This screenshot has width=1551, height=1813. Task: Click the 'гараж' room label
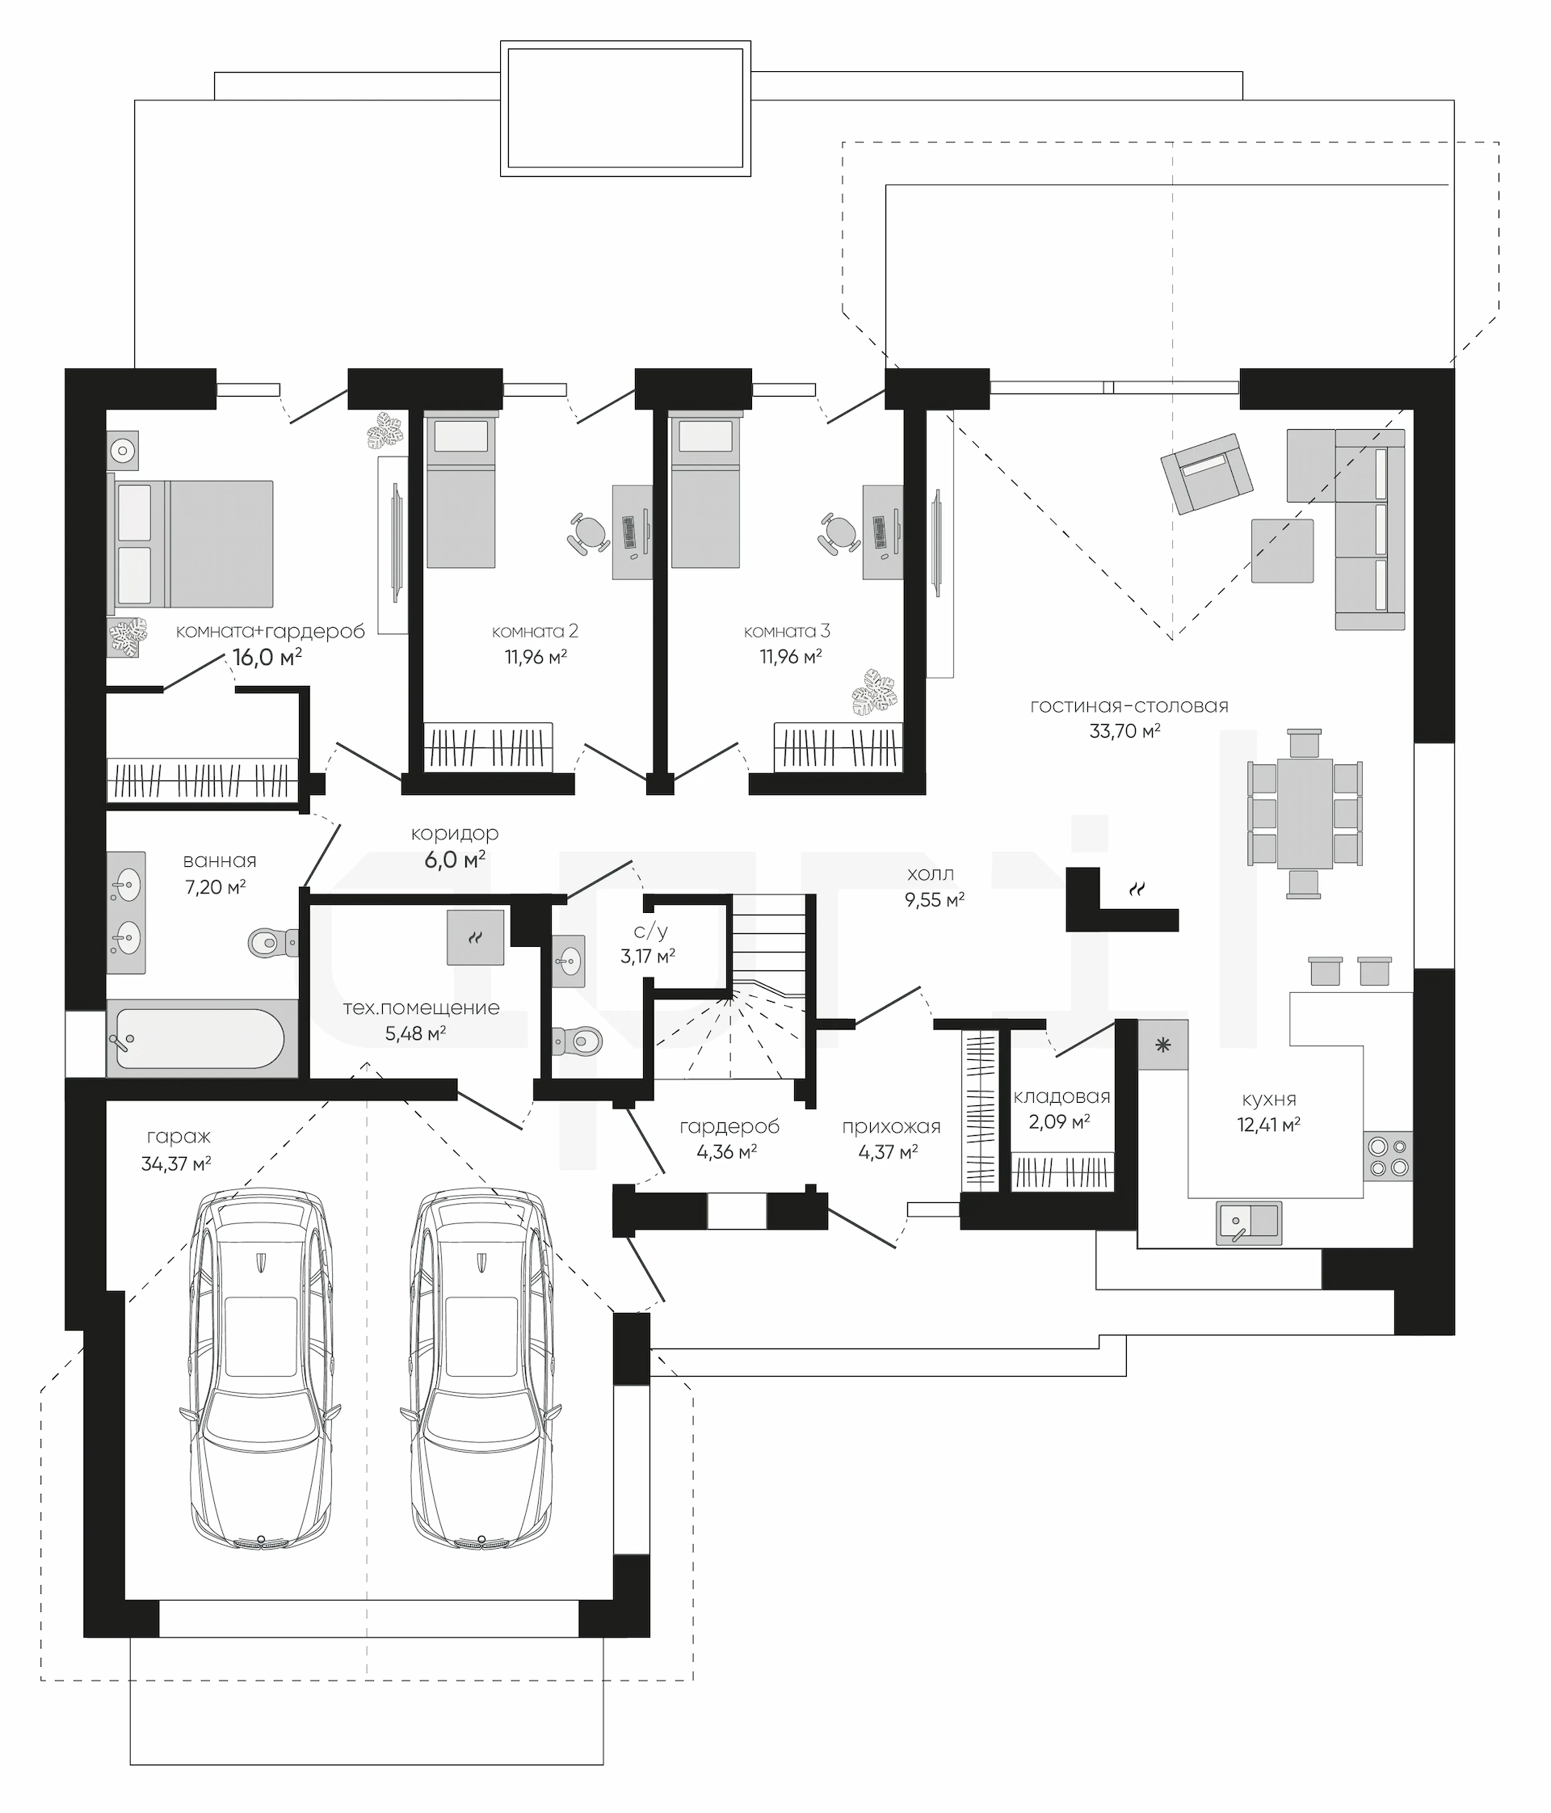[179, 1138]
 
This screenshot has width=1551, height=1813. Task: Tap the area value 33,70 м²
[1124, 730]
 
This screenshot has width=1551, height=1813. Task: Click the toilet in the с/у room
[578, 1041]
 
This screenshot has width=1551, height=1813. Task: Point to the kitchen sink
[1248, 1222]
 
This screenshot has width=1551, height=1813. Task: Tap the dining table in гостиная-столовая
[1305, 814]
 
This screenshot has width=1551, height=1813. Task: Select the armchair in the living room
[1206, 473]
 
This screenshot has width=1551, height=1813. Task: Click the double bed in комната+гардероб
[191, 544]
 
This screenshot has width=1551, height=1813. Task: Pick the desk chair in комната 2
[589, 532]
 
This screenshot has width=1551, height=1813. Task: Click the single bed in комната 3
[705, 493]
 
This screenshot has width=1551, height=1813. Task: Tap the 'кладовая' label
[1061, 1097]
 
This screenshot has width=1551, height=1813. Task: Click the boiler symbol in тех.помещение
[475, 937]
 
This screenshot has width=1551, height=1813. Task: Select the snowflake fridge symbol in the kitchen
[1162, 1045]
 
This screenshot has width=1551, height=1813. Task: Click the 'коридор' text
[455, 834]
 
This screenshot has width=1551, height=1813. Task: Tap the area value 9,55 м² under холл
[935, 900]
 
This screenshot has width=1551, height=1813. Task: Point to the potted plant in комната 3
[876, 692]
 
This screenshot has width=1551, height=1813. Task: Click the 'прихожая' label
[891, 1127]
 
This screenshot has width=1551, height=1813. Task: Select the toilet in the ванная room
[273, 942]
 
